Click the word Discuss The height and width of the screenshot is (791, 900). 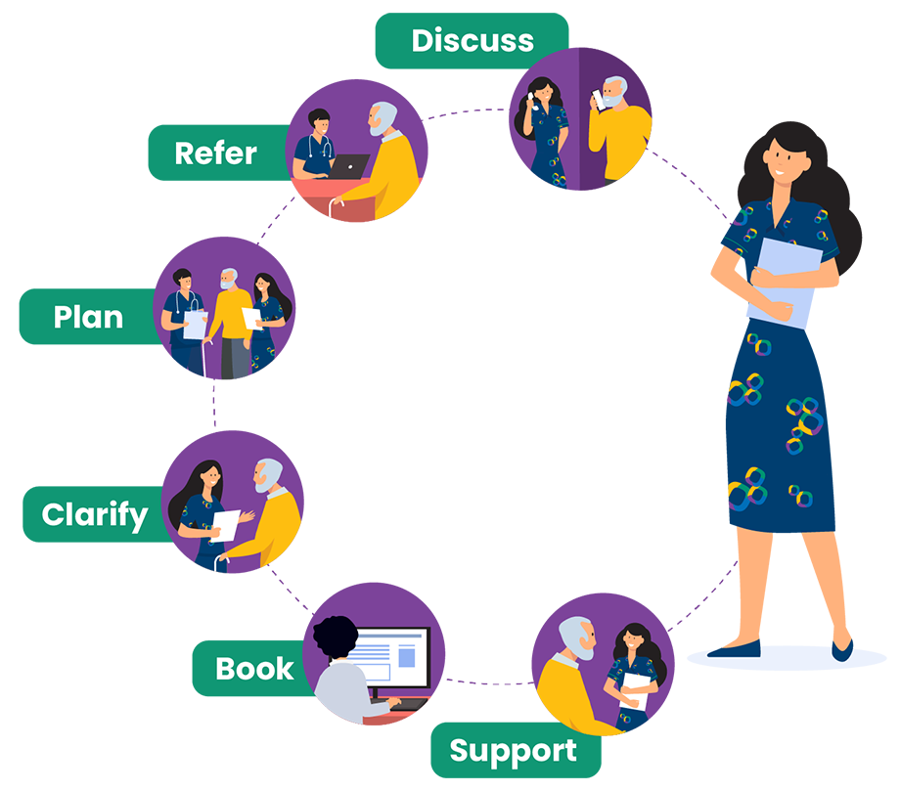click(x=472, y=41)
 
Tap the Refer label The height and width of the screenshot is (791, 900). click(x=215, y=154)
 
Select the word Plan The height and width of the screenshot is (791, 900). click(x=88, y=318)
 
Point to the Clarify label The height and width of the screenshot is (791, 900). click(x=95, y=515)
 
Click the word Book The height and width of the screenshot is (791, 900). click(x=254, y=669)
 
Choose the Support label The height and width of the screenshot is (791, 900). click(x=513, y=752)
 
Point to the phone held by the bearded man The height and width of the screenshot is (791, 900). click(x=598, y=98)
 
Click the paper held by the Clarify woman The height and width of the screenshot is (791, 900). click(x=226, y=524)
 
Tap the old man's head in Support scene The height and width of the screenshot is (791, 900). click(x=576, y=637)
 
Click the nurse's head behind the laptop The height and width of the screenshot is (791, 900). click(x=319, y=125)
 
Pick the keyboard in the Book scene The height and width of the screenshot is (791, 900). click(x=406, y=703)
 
